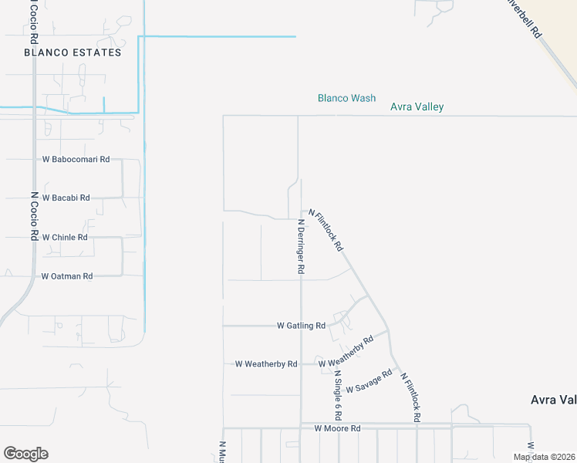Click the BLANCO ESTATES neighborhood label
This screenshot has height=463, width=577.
pyautogui.click(x=73, y=52)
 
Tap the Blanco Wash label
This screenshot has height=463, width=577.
pyautogui.click(x=346, y=98)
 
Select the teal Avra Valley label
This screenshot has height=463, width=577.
pyautogui.click(x=417, y=107)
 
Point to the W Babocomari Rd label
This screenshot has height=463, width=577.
pyautogui.click(x=76, y=159)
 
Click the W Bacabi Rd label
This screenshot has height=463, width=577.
pyautogui.click(x=66, y=198)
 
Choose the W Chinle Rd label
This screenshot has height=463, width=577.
pyautogui.click(x=65, y=237)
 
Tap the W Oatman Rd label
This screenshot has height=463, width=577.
pyautogui.click(x=67, y=275)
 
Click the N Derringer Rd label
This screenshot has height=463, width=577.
pyautogui.click(x=302, y=247)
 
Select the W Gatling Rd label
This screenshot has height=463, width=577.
pyautogui.click(x=301, y=326)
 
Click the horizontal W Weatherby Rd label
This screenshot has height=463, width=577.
pyautogui.click(x=266, y=363)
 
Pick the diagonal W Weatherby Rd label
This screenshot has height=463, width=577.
pyautogui.click(x=346, y=351)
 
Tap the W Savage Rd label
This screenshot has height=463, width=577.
pyautogui.click(x=369, y=381)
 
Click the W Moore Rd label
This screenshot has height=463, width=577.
pyautogui.click(x=337, y=428)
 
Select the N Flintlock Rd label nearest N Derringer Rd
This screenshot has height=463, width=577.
pyautogui.click(x=326, y=229)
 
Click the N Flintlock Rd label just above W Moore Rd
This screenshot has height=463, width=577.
pyautogui.click(x=410, y=397)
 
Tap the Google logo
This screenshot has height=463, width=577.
pyautogui.click(x=25, y=454)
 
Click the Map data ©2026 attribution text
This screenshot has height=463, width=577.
pyautogui.click(x=544, y=457)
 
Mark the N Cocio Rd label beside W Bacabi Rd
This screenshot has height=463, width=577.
pyautogui.click(x=34, y=216)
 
